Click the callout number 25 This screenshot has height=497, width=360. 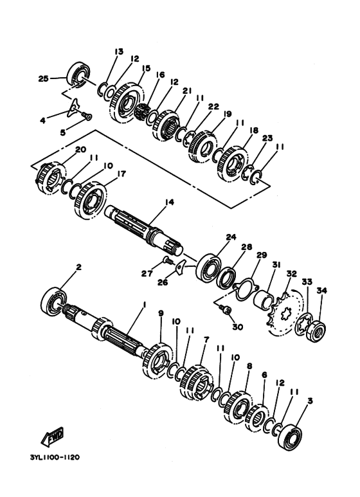click(42, 79)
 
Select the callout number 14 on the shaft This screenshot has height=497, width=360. click(169, 202)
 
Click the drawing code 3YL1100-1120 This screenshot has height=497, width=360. click(54, 458)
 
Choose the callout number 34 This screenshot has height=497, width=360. click(322, 291)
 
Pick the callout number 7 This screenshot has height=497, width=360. click(206, 339)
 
